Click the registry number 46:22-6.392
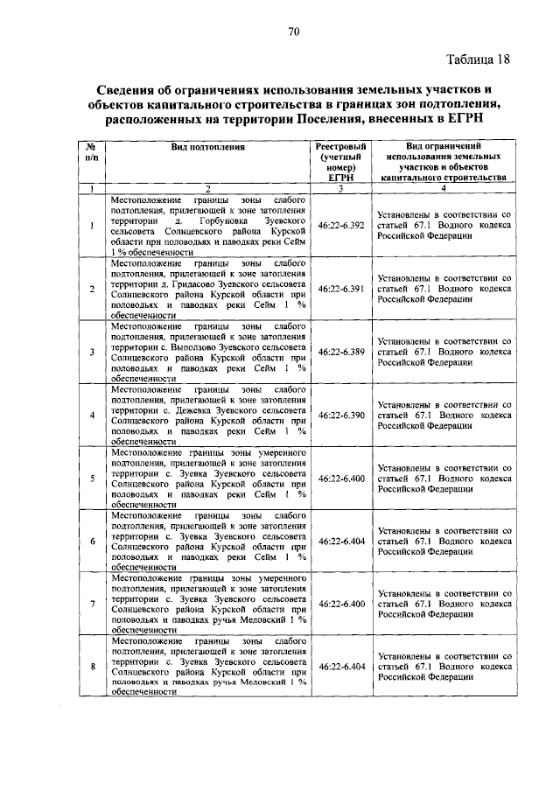coord(341,226)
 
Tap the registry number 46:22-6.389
coord(341,352)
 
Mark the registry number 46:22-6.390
coord(341,415)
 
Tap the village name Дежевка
coord(181,409)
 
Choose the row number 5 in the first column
coord(92,479)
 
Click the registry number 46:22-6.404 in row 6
coord(341,542)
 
